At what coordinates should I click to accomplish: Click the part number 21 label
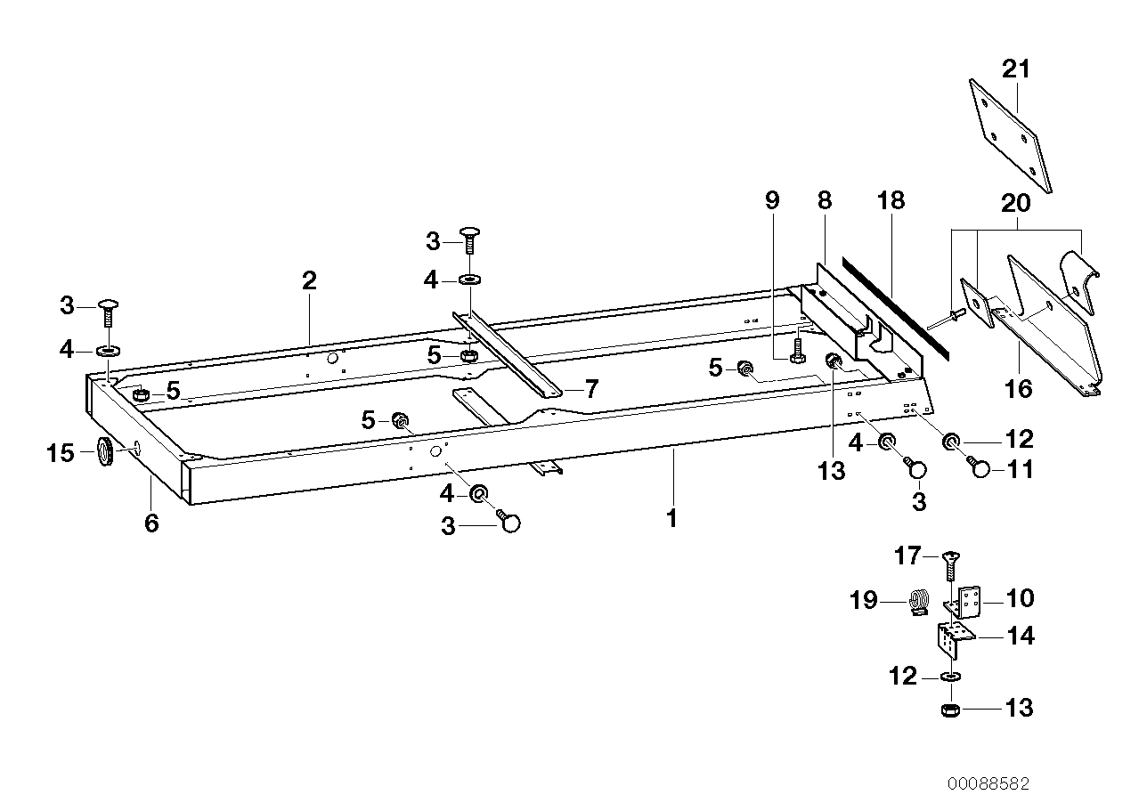click(x=1015, y=69)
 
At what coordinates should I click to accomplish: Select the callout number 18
click(x=891, y=200)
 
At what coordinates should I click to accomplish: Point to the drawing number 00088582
click(x=988, y=784)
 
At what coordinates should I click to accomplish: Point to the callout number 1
click(x=672, y=517)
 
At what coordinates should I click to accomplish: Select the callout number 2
click(x=309, y=281)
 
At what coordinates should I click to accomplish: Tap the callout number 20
click(x=1016, y=203)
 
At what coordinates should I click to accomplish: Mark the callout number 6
click(x=151, y=523)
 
